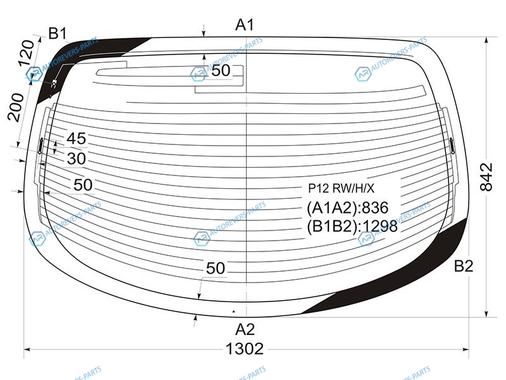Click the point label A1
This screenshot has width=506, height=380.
coord(245,25)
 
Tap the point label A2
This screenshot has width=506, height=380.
coord(245,329)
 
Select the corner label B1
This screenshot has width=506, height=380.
coord(58,34)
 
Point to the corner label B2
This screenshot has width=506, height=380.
coord(464,266)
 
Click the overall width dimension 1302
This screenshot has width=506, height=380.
coord(245,349)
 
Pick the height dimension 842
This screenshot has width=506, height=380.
coord(486,177)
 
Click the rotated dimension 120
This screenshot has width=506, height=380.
coord(25,53)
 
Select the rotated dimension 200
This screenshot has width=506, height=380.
coord(16,107)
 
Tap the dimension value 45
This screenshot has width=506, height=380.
coord(77,139)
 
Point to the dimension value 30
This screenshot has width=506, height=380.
coord(77,159)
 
